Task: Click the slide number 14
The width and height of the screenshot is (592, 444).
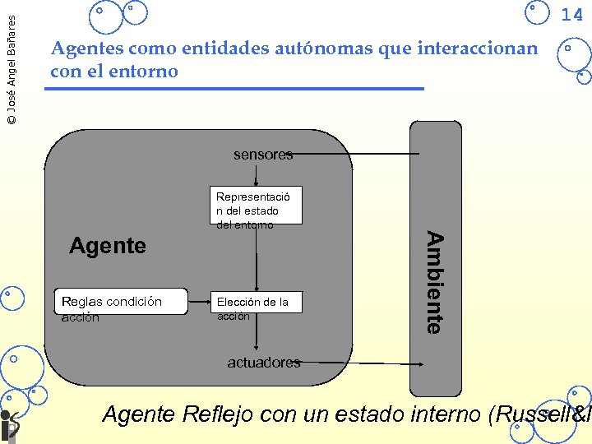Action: point(572,14)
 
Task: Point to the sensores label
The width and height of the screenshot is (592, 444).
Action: point(262,155)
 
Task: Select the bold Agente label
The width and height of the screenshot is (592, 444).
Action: point(108,245)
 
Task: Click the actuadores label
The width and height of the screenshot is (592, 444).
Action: point(263,363)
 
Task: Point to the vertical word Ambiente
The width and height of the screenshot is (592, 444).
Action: point(436,282)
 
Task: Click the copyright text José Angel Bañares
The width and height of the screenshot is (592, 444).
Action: point(10,63)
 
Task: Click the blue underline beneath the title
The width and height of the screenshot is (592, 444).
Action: point(234,88)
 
